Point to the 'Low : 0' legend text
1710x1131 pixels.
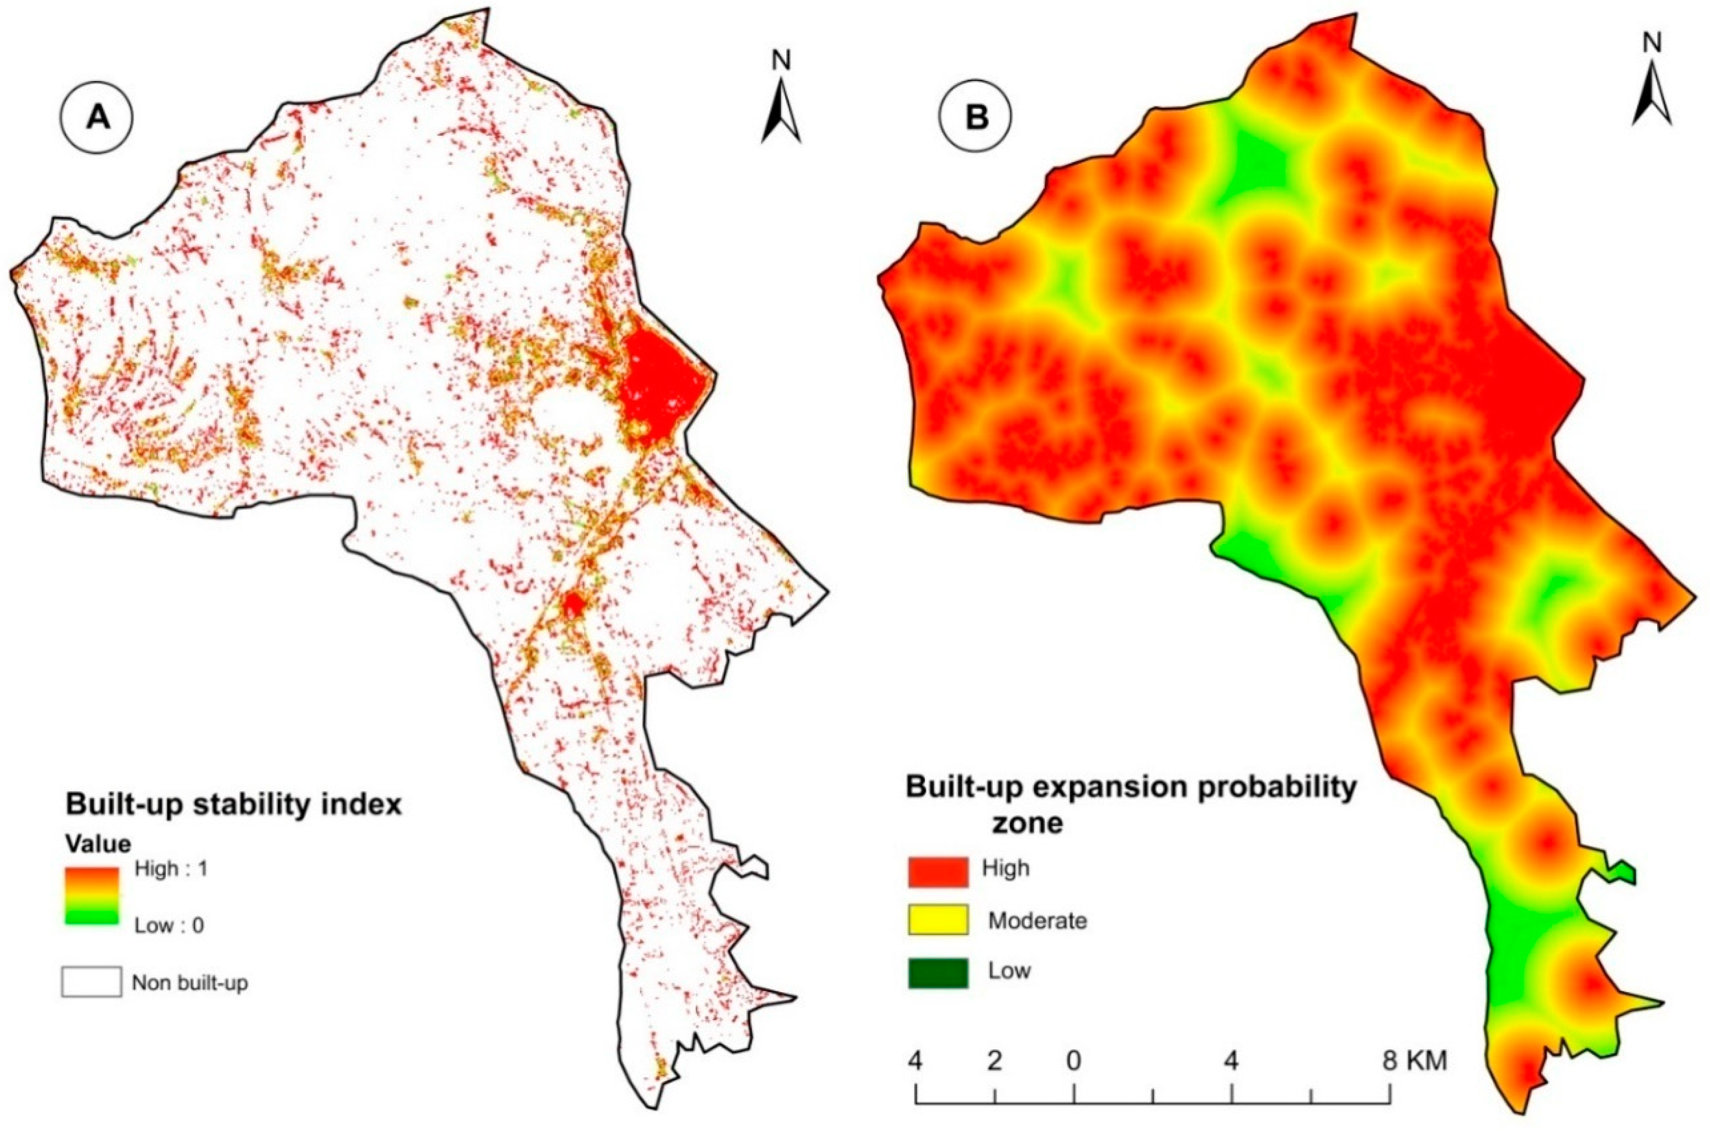(x=169, y=925)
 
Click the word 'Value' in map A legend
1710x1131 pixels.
(x=98, y=843)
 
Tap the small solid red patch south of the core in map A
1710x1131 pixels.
(x=572, y=603)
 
